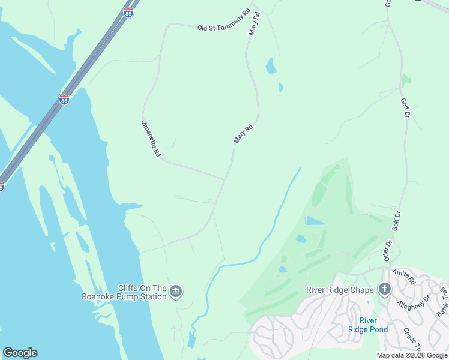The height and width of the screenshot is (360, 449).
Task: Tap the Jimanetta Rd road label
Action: [x=151, y=139]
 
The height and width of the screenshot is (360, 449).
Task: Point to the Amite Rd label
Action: [x=404, y=277]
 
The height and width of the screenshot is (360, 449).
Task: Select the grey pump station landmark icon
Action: [x=176, y=292]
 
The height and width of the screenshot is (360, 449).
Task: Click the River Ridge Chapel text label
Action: [x=340, y=290]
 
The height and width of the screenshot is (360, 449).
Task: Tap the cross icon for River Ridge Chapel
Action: [x=385, y=290]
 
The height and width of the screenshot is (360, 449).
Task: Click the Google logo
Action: [x=20, y=352]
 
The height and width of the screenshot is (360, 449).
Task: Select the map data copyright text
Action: [x=412, y=355]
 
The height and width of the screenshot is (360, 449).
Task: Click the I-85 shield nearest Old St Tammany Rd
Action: [x=128, y=13]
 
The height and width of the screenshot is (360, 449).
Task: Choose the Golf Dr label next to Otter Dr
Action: [x=396, y=220]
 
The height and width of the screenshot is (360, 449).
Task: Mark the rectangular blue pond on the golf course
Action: [x=316, y=221]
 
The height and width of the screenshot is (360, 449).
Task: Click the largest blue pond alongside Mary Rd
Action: [x=271, y=65]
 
